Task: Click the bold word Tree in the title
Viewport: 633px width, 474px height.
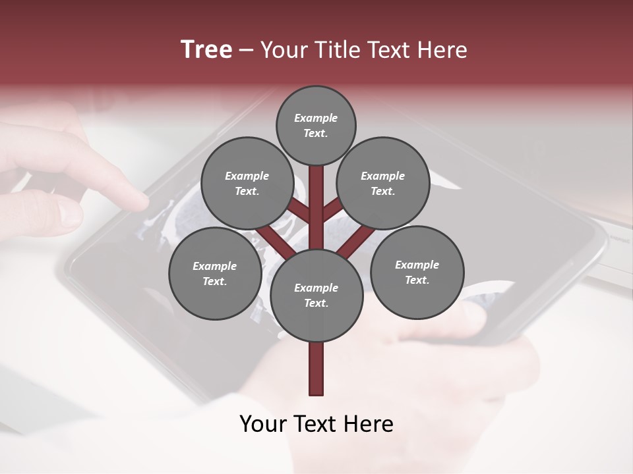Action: (x=206, y=50)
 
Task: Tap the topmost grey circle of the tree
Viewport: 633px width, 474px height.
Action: (x=316, y=125)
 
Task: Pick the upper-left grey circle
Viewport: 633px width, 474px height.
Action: (x=247, y=183)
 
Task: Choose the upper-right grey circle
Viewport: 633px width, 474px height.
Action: (x=383, y=183)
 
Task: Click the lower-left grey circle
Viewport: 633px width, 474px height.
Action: (x=214, y=273)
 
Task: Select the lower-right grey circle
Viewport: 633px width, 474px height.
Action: (x=417, y=272)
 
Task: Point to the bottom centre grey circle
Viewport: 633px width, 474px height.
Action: (x=316, y=295)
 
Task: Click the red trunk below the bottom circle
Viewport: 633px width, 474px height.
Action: (x=316, y=369)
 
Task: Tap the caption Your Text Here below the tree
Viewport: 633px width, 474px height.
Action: (x=316, y=424)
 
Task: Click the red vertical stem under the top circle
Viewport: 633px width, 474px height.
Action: (x=316, y=197)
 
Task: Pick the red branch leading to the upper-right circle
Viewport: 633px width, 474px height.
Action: (x=332, y=209)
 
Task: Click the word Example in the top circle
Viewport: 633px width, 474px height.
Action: (x=316, y=118)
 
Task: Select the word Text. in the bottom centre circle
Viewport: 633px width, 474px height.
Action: (x=316, y=303)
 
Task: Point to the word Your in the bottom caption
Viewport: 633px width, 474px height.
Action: (x=264, y=424)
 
